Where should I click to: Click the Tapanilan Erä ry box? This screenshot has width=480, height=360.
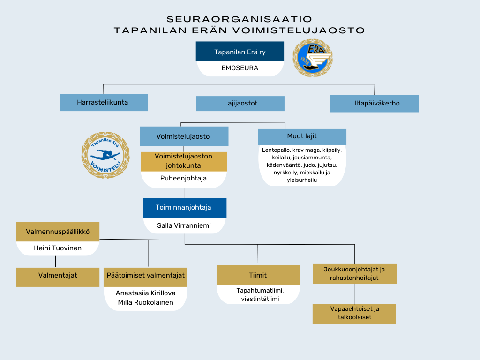pos(240,52)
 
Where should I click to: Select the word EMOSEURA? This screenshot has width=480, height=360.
pos(240,68)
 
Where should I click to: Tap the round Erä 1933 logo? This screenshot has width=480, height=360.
pos(313,58)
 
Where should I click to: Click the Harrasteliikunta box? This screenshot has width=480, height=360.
pos(104,102)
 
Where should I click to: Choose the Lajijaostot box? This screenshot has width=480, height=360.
pos(240,103)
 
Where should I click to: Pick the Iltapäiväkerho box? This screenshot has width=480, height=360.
pos(374,103)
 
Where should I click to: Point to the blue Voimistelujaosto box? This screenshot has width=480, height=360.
pos(184,136)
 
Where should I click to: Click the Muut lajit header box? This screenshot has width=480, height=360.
pos(302,136)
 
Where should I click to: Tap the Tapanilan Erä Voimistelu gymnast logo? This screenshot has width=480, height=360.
pos(105,155)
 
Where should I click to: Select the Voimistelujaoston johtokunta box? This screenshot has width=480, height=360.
pos(184,161)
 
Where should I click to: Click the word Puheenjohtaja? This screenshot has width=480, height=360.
pos(184,179)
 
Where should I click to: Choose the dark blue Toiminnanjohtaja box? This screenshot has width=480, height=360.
pos(185,207)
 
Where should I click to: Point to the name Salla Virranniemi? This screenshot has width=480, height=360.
pos(185,225)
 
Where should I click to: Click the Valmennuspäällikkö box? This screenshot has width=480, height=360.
pos(58,232)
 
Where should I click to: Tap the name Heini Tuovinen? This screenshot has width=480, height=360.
pos(58,248)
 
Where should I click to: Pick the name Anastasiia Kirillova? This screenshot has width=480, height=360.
pos(145,293)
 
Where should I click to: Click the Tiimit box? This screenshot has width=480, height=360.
pos(258,275)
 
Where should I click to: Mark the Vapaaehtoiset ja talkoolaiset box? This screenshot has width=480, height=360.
pos(354,314)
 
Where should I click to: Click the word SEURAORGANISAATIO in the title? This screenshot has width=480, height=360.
pos(240,19)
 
